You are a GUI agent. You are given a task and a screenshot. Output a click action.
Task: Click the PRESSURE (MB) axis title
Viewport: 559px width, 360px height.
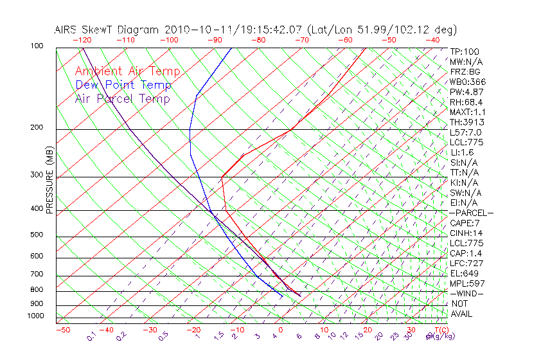pos(49,180)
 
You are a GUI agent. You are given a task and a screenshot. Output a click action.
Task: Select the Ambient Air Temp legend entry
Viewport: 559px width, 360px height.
pos(127,71)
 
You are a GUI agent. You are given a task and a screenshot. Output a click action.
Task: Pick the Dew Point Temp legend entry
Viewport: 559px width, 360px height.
pos(123,85)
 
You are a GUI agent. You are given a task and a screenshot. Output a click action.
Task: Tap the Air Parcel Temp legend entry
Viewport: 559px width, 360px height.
pos(122,98)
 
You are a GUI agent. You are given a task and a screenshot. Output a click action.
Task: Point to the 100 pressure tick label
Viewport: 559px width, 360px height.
pos(36,46)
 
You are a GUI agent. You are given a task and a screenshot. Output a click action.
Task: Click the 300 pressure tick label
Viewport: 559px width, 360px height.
pos(36,175)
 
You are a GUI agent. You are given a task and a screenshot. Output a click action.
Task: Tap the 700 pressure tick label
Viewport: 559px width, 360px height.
pos(36,274)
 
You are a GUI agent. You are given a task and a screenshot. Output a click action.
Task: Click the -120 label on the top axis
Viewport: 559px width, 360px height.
pos(81,40)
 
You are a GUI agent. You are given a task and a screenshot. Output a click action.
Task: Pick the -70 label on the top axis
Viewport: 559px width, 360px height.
pos(301,40)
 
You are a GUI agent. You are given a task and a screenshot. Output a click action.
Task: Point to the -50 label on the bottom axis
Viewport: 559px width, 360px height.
pos(62,330)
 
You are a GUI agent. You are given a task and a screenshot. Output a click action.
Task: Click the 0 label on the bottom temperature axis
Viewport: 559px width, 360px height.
pos(280,330)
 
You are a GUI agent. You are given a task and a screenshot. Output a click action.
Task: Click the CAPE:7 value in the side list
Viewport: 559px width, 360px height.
pos(464,223)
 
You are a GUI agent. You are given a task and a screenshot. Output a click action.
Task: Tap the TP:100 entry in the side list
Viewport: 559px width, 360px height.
pos(464,51)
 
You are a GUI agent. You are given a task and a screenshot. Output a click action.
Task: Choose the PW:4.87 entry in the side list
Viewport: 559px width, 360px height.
pos(466,92)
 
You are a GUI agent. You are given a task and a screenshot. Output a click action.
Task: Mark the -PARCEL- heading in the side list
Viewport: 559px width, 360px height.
pos(471,213)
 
